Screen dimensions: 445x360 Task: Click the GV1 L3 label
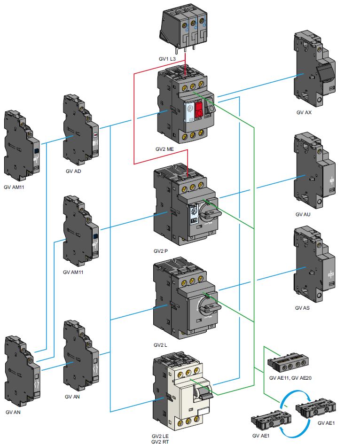click(167, 59)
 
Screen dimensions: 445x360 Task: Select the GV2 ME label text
click(165, 148)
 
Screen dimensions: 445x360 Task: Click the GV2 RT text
click(160, 442)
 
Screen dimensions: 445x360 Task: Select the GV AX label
click(304, 113)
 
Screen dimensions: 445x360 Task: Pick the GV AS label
click(303, 308)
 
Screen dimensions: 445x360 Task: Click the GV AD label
click(74, 171)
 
